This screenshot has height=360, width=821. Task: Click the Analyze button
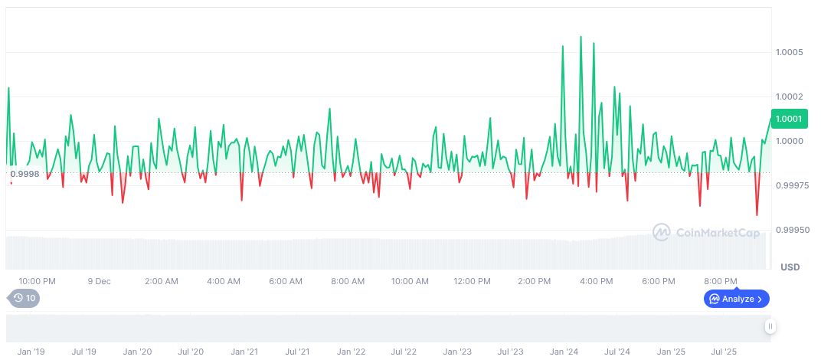point(736,299)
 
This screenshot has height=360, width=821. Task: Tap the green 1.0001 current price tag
point(788,119)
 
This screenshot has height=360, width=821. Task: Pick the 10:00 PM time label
point(37,281)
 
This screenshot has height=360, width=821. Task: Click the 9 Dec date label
point(99,281)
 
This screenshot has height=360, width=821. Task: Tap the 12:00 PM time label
point(472,281)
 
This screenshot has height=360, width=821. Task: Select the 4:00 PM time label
point(596,281)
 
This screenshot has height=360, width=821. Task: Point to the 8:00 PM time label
point(720,281)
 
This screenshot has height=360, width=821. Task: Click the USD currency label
point(790,267)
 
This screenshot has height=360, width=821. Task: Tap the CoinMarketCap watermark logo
point(705,232)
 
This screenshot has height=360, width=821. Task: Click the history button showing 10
point(24,298)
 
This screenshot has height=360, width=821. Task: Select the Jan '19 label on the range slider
point(31,352)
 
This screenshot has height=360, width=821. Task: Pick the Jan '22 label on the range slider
point(351,352)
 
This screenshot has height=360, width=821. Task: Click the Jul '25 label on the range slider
point(724,352)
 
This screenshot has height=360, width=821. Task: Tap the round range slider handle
point(770,326)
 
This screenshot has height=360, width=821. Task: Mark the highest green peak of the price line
point(581,36)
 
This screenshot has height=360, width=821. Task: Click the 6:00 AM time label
point(286,281)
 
